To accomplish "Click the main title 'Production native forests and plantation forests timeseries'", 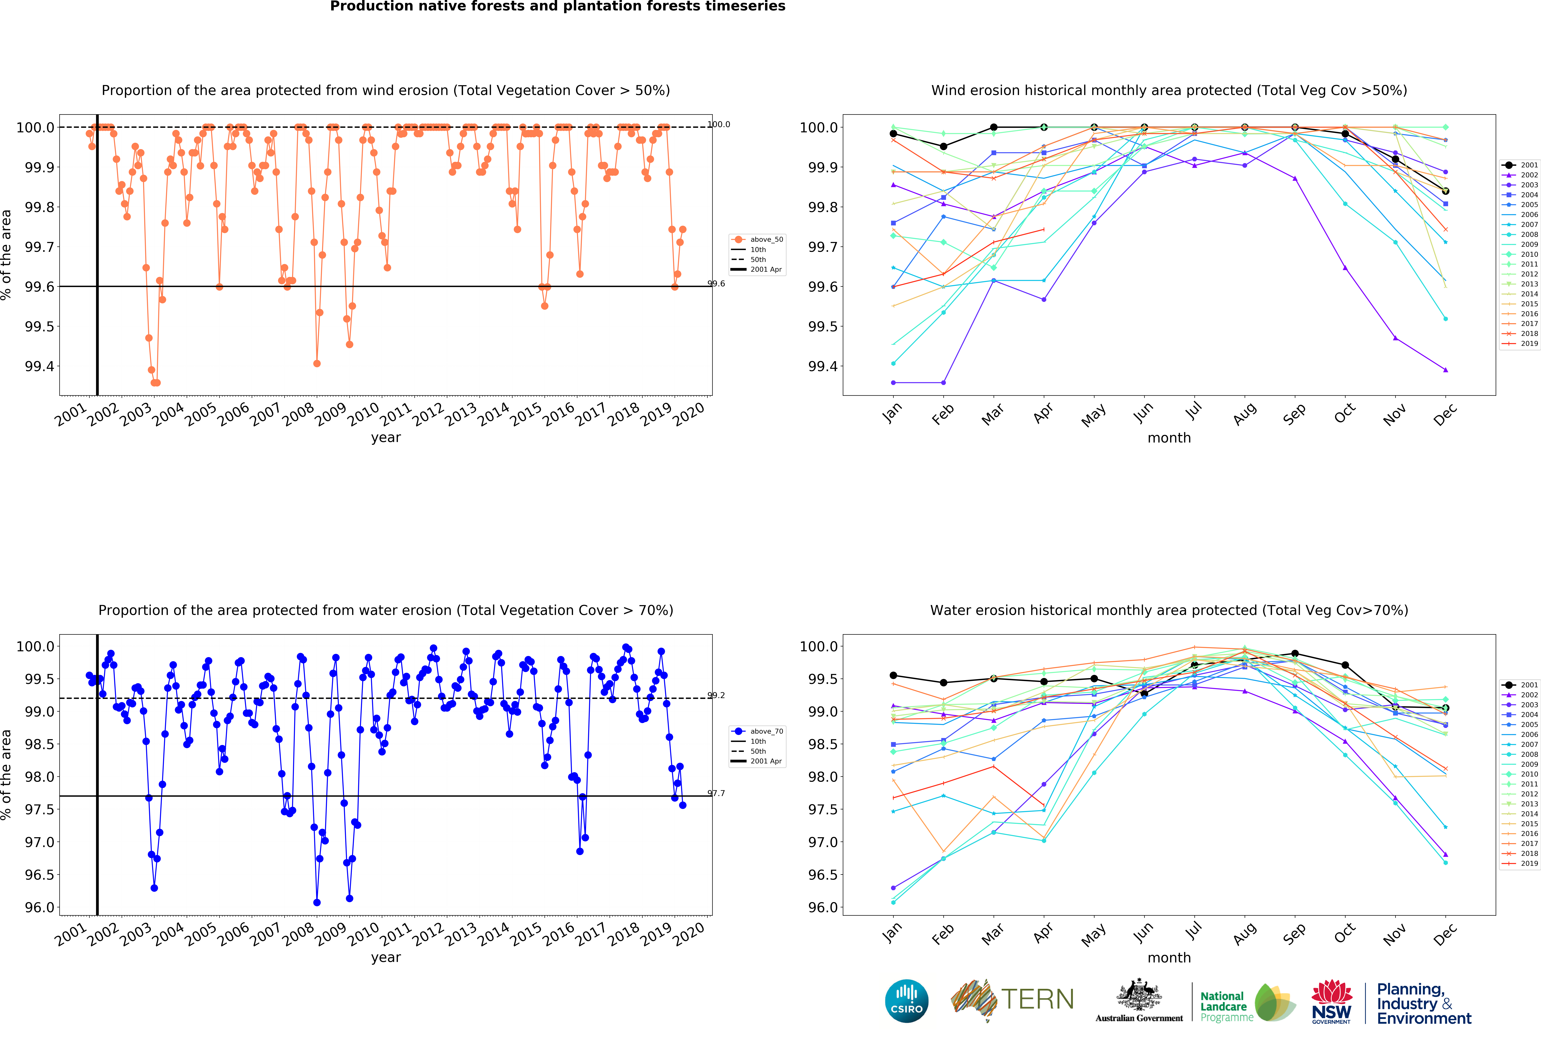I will click(x=558, y=7).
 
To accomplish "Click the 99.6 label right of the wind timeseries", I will click(x=716, y=284).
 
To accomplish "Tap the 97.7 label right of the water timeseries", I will click(x=716, y=793).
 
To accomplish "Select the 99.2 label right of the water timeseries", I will click(x=716, y=695).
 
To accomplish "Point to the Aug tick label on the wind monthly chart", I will click(x=1245, y=413).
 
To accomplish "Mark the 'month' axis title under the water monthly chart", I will click(x=1169, y=957).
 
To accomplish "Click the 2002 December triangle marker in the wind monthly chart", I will click(x=1445, y=370).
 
